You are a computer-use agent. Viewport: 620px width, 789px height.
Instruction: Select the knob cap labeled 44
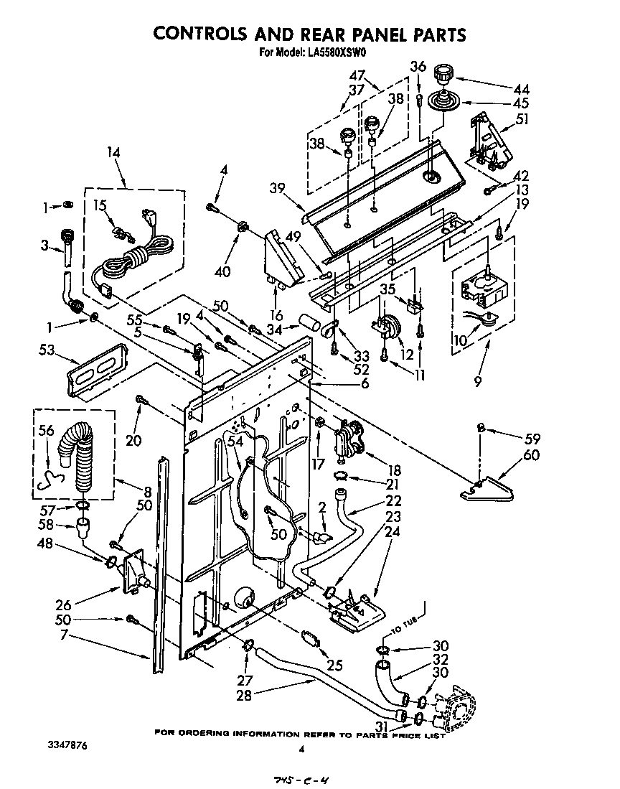(446, 73)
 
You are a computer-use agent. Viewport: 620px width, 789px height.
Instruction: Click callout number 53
(49, 350)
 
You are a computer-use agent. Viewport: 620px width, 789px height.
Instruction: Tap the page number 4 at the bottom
(302, 750)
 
